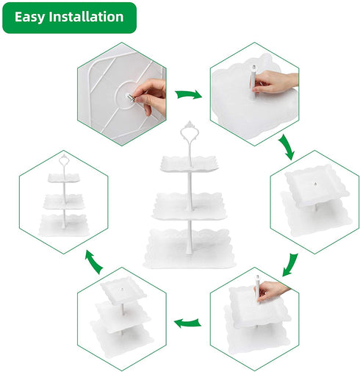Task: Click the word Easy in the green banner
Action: tap(30, 17)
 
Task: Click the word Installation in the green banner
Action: tap(86, 17)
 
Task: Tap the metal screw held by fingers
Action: tap(130, 97)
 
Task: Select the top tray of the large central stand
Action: tap(189, 163)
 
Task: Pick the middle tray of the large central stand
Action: tap(189, 207)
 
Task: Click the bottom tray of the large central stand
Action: tap(189, 248)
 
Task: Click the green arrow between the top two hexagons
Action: tap(189, 94)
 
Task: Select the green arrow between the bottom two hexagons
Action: tap(187, 323)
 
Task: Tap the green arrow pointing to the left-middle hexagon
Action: tap(94, 262)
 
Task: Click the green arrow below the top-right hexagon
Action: tap(287, 147)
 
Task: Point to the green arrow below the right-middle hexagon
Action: tap(290, 265)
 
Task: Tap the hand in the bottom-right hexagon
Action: tap(272, 291)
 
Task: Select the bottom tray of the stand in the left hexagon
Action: tap(64, 226)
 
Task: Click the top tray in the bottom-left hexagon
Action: tap(123, 291)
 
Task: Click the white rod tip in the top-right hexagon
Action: tap(254, 67)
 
